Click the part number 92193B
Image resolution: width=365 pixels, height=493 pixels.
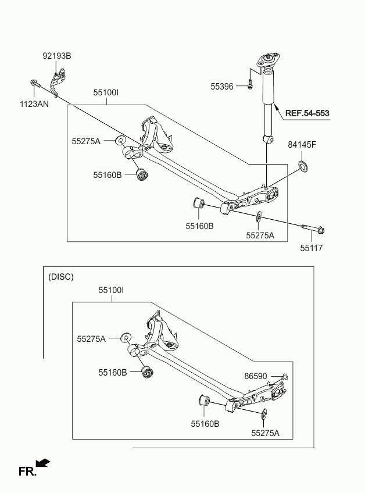pyautogui.click(x=57, y=56)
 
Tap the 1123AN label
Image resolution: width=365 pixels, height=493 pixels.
pyautogui.click(x=34, y=104)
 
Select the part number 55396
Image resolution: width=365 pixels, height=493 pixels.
pyautogui.click(x=222, y=87)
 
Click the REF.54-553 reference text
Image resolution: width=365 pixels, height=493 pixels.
pyautogui.click(x=307, y=113)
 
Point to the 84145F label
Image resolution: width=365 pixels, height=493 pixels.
pyautogui.click(x=302, y=145)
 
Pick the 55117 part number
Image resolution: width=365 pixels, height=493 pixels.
pyautogui.click(x=312, y=248)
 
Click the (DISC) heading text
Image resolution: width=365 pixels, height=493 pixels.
pyautogui.click(x=61, y=277)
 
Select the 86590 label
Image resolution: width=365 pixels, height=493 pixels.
pyautogui.click(x=256, y=376)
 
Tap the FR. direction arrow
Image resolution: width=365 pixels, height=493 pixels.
pyautogui.click(x=43, y=463)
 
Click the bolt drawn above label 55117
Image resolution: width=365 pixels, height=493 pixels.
pyautogui.click(x=313, y=228)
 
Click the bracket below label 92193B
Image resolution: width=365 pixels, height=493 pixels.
pyautogui.click(x=58, y=82)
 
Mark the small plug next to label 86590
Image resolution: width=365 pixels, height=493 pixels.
pyautogui.click(x=285, y=377)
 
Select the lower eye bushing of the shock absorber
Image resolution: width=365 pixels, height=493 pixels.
pyautogui.click(x=267, y=138)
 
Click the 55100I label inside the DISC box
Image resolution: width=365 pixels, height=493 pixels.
pyautogui.click(x=111, y=290)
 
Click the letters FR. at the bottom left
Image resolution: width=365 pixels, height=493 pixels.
pyautogui.click(x=27, y=471)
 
